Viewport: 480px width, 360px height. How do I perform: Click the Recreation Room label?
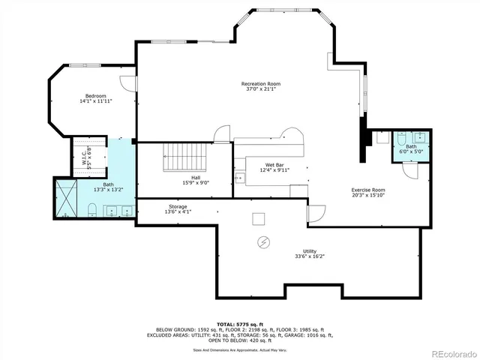pyautogui.click(x=260, y=83)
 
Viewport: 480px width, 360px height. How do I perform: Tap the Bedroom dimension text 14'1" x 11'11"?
pyautogui.click(x=95, y=101)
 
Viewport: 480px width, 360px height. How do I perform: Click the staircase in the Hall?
pyautogui.click(x=184, y=157)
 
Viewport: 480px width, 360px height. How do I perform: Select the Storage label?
pyautogui.click(x=178, y=206)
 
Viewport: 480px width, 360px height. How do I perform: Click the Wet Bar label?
pyautogui.click(x=274, y=165)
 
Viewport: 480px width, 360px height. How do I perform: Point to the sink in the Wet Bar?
pyautogui.click(x=241, y=178)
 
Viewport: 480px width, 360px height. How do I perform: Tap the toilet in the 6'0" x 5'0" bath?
pyautogui.click(x=400, y=138)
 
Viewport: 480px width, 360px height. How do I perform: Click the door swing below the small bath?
pyautogui.click(x=409, y=170)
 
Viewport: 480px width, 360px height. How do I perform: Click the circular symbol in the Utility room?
pyautogui.click(x=264, y=241)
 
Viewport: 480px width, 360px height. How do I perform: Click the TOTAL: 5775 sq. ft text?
pyautogui.click(x=239, y=323)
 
